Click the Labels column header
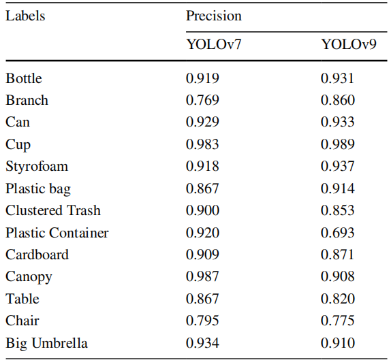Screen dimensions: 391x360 coord(25,16)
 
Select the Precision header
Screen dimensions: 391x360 coord(214,16)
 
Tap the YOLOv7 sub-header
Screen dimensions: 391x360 coord(214,45)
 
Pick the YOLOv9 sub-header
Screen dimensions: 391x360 coord(349,45)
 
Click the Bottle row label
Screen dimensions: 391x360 coord(24,78)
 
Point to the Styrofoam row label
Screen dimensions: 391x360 coord(37,167)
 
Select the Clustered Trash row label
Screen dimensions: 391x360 coord(53,210)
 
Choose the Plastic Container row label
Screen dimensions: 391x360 coord(57,233)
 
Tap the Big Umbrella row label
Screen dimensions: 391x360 coord(46,343)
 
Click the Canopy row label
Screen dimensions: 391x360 coord(29,277)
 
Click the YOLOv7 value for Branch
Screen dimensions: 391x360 coord(202,100)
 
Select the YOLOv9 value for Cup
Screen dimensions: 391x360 coord(338,144)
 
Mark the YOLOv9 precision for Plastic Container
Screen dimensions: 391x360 coord(338,233)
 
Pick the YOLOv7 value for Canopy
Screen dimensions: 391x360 coord(202,276)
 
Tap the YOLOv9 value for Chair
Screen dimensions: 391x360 coord(338,321)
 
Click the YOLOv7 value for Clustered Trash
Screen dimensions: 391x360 coord(202,210)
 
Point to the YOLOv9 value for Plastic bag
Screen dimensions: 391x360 coord(338,189)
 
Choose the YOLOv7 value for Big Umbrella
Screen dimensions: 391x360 coord(202,343)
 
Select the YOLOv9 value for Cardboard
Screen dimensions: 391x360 coord(338,255)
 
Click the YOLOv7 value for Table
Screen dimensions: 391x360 coord(202,299)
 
